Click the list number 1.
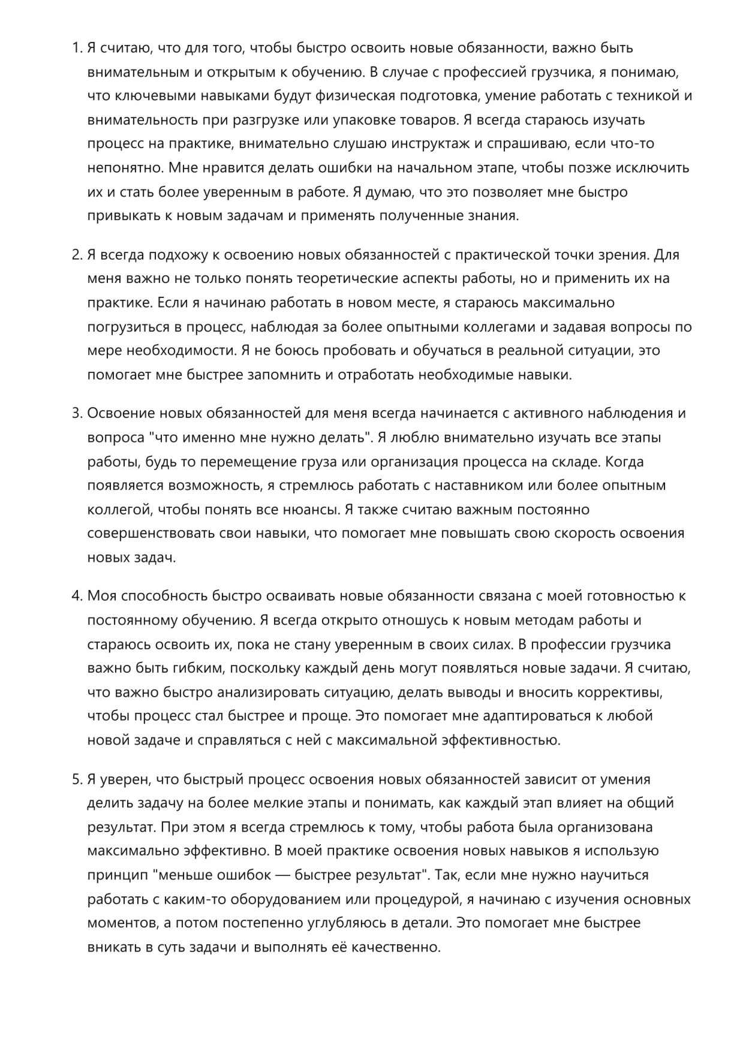[x=76, y=48]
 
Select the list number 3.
[x=76, y=414]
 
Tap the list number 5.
[x=76, y=779]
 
